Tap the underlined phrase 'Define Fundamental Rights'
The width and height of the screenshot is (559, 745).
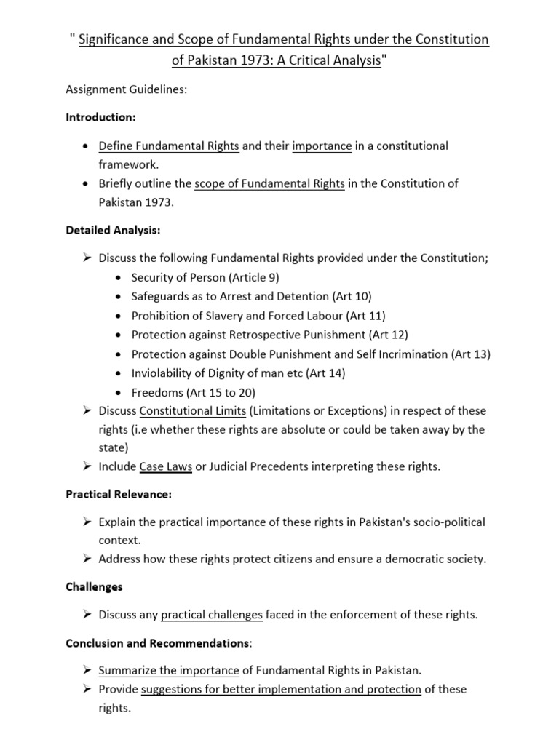coord(169,146)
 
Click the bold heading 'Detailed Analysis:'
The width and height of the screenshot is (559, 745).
coord(113,230)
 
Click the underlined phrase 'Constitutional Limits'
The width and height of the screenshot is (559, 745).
coord(193,410)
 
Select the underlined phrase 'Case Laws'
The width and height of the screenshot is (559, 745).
coord(166,466)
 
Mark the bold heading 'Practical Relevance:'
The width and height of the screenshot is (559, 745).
coord(118,495)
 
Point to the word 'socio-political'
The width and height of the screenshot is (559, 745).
coord(445,522)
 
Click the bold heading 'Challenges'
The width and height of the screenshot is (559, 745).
coord(94,586)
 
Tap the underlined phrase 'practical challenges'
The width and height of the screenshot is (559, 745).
coord(211,615)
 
